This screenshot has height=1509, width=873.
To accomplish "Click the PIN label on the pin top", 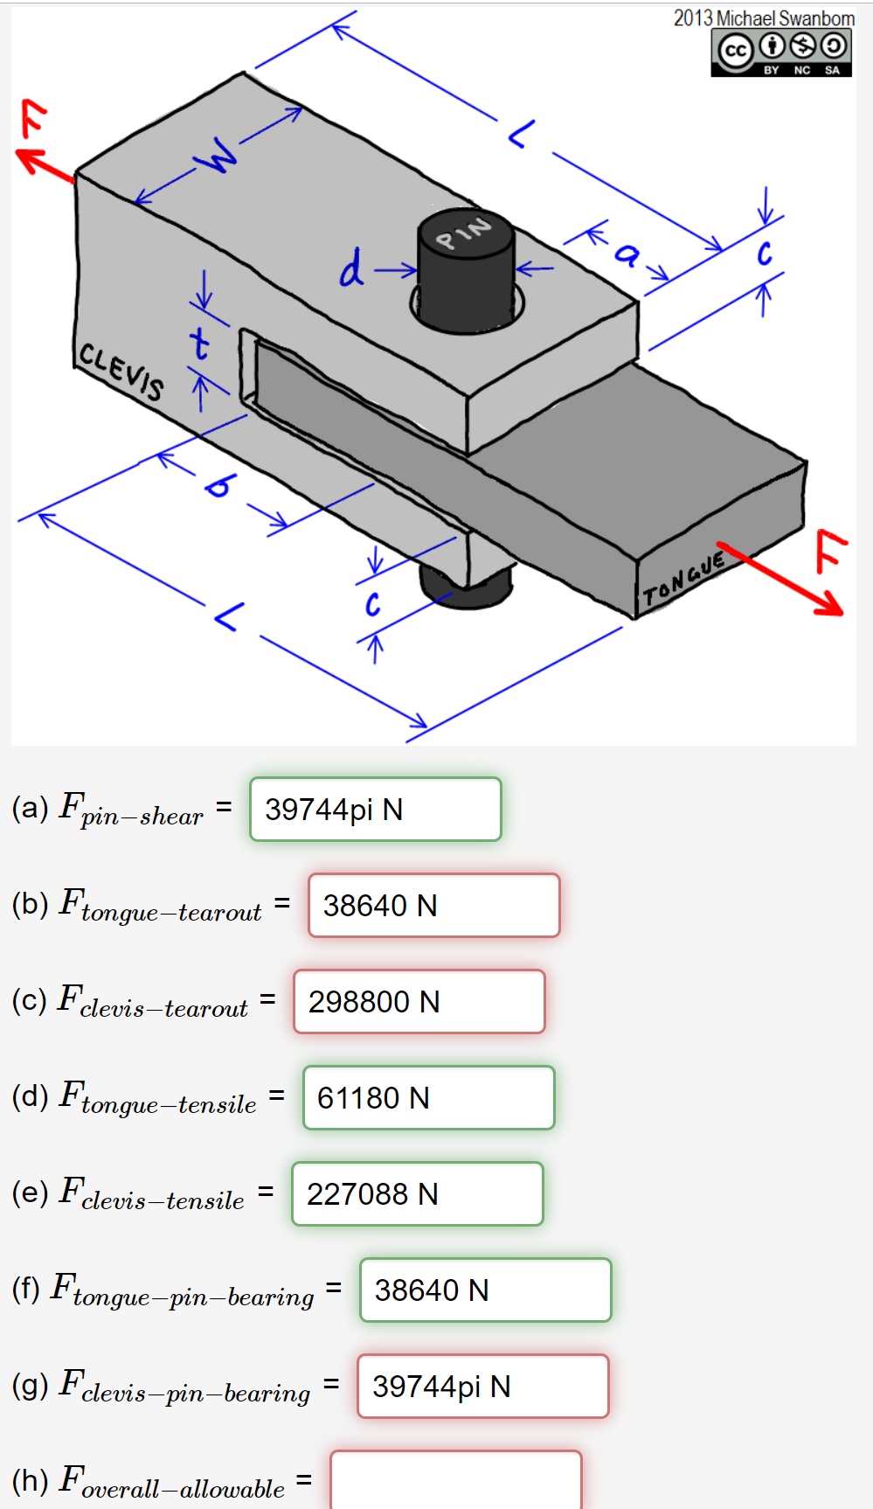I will [464, 232].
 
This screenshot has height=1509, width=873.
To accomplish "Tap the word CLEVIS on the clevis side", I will [121, 371].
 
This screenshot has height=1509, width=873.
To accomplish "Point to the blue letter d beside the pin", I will [351, 268].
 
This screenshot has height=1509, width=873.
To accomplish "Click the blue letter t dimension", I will [200, 344].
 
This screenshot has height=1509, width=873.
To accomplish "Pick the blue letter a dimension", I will [627, 254].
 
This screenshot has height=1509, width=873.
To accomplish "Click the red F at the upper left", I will [33, 118].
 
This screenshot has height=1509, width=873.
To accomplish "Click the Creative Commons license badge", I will [780, 52].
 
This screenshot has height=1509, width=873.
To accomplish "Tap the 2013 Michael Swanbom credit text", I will [763, 17].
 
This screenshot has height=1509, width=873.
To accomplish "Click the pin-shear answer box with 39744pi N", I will [375, 810].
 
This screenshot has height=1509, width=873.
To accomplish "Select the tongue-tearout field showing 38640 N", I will [433, 906].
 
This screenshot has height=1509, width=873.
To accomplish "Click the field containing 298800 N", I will [419, 1002].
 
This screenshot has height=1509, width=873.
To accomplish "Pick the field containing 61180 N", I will [428, 1098].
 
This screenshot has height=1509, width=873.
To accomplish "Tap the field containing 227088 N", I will [417, 1194].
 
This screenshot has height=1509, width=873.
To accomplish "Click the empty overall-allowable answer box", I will [455, 1481].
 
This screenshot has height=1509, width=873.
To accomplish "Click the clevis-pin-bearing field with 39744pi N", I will [482, 1387].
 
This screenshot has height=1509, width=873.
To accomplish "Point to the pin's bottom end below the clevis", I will [465, 588].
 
